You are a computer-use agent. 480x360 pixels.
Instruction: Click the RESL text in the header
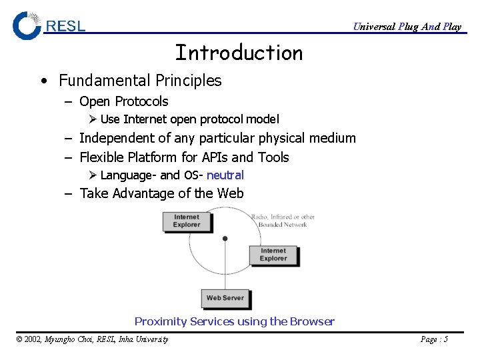pyautogui.click(x=65, y=26)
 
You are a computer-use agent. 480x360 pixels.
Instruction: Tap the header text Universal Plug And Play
pyautogui.click(x=407, y=27)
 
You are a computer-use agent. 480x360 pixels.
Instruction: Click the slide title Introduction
pyautogui.click(x=239, y=53)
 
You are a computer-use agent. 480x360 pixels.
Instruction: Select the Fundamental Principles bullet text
pyautogui.click(x=140, y=81)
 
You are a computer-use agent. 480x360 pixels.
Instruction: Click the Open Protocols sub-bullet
pyautogui.click(x=123, y=101)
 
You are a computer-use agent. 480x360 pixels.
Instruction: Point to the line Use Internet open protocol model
pyautogui.click(x=189, y=119)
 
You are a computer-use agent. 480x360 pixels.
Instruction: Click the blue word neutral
pyautogui.click(x=225, y=175)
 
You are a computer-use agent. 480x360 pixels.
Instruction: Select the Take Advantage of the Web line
pyautogui.click(x=161, y=193)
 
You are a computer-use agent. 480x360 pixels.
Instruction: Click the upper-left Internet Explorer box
pyautogui.click(x=187, y=221)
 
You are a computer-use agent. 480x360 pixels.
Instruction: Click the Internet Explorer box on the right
pyautogui.click(x=273, y=255)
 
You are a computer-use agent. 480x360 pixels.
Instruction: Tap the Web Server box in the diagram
pyautogui.click(x=225, y=298)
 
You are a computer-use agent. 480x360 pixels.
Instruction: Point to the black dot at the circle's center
pyautogui.click(x=225, y=238)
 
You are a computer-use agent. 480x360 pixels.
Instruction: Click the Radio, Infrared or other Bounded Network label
pyautogui.click(x=283, y=221)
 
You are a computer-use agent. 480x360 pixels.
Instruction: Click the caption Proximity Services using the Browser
pyautogui.click(x=234, y=321)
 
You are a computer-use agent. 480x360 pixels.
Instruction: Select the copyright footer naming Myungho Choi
pyautogui.click(x=91, y=339)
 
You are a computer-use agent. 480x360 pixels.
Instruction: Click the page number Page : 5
pyautogui.click(x=434, y=339)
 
